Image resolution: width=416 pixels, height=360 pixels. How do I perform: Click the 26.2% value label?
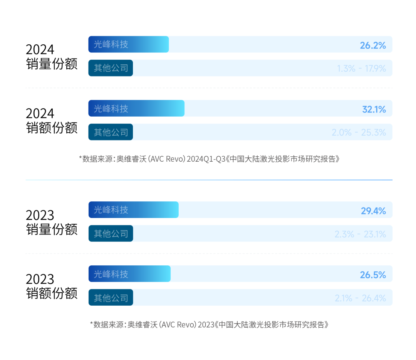[x=372, y=45]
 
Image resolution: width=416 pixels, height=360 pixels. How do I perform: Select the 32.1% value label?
[x=374, y=109]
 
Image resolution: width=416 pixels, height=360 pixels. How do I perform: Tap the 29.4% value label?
[x=373, y=211]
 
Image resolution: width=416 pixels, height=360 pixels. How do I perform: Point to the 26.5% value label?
[x=372, y=275]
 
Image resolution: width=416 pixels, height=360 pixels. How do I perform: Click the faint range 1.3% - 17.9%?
[x=361, y=69]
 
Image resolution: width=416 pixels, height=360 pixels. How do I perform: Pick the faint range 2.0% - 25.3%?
[x=359, y=132]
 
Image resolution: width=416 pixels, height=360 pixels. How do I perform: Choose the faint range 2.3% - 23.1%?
[x=360, y=234]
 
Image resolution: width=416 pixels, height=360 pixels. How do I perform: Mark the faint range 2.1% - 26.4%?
[x=360, y=298]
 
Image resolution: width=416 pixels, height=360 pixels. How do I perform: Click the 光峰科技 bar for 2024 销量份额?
[x=129, y=44]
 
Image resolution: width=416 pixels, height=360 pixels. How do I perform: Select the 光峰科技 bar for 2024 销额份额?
[x=136, y=108]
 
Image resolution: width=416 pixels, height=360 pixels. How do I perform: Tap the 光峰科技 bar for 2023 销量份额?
[x=133, y=210]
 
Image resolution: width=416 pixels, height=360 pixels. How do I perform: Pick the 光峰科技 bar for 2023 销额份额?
[x=129, y=274]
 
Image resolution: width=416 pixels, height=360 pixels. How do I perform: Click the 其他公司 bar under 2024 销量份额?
[x=111, y=68]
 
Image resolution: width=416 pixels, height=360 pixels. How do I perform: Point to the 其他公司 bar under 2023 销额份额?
[x=111, y=298]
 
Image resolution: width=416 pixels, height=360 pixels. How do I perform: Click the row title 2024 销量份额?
[x=52, y=57]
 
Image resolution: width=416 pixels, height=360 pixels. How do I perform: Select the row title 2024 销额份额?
[x=52, y=121]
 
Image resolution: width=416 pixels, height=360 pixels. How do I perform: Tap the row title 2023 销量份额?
[x=52, y=222]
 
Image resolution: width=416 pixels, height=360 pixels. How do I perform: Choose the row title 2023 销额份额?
[x=52, y=286]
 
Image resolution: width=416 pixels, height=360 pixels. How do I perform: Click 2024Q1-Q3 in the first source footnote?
[x=206, y=159]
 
